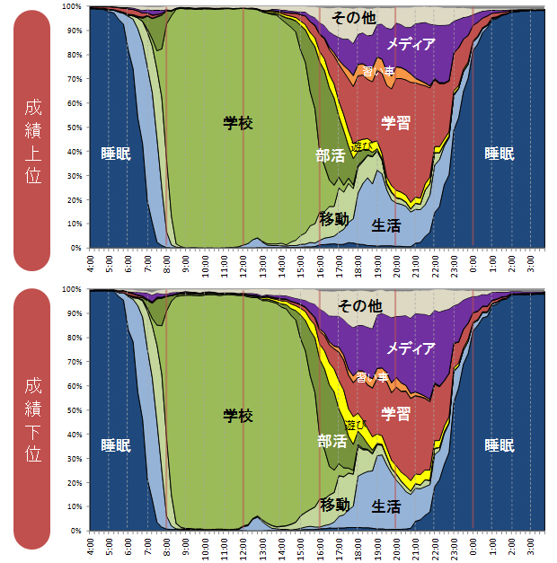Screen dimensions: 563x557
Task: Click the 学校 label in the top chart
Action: pyautogui.click(x=238, y=123)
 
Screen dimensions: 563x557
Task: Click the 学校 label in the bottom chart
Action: pyautogui.click(x=238, y=416)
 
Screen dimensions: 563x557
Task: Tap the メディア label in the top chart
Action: pyautogui.click(x=411, y=44)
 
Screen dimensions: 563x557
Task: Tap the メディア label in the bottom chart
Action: pyautogui.click(x=411, y=348)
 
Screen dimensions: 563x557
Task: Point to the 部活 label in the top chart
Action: pyautogui.click(x=331, y=154)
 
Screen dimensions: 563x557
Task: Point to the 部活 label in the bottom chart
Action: pyautogui.click(x=331, y=441)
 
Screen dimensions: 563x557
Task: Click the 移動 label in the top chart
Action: pyautogui.click(x=333, y=218)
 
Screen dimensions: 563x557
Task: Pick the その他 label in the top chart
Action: pyautogui.click(x=353, y=18)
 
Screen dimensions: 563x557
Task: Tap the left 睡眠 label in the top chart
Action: pyautogui.click(x=116, y=154)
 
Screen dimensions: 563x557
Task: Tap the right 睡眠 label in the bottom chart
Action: pyautogui.click(x=500, y=444)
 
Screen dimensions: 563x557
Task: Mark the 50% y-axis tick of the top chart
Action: pyautogui.click(x=76, y=128)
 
